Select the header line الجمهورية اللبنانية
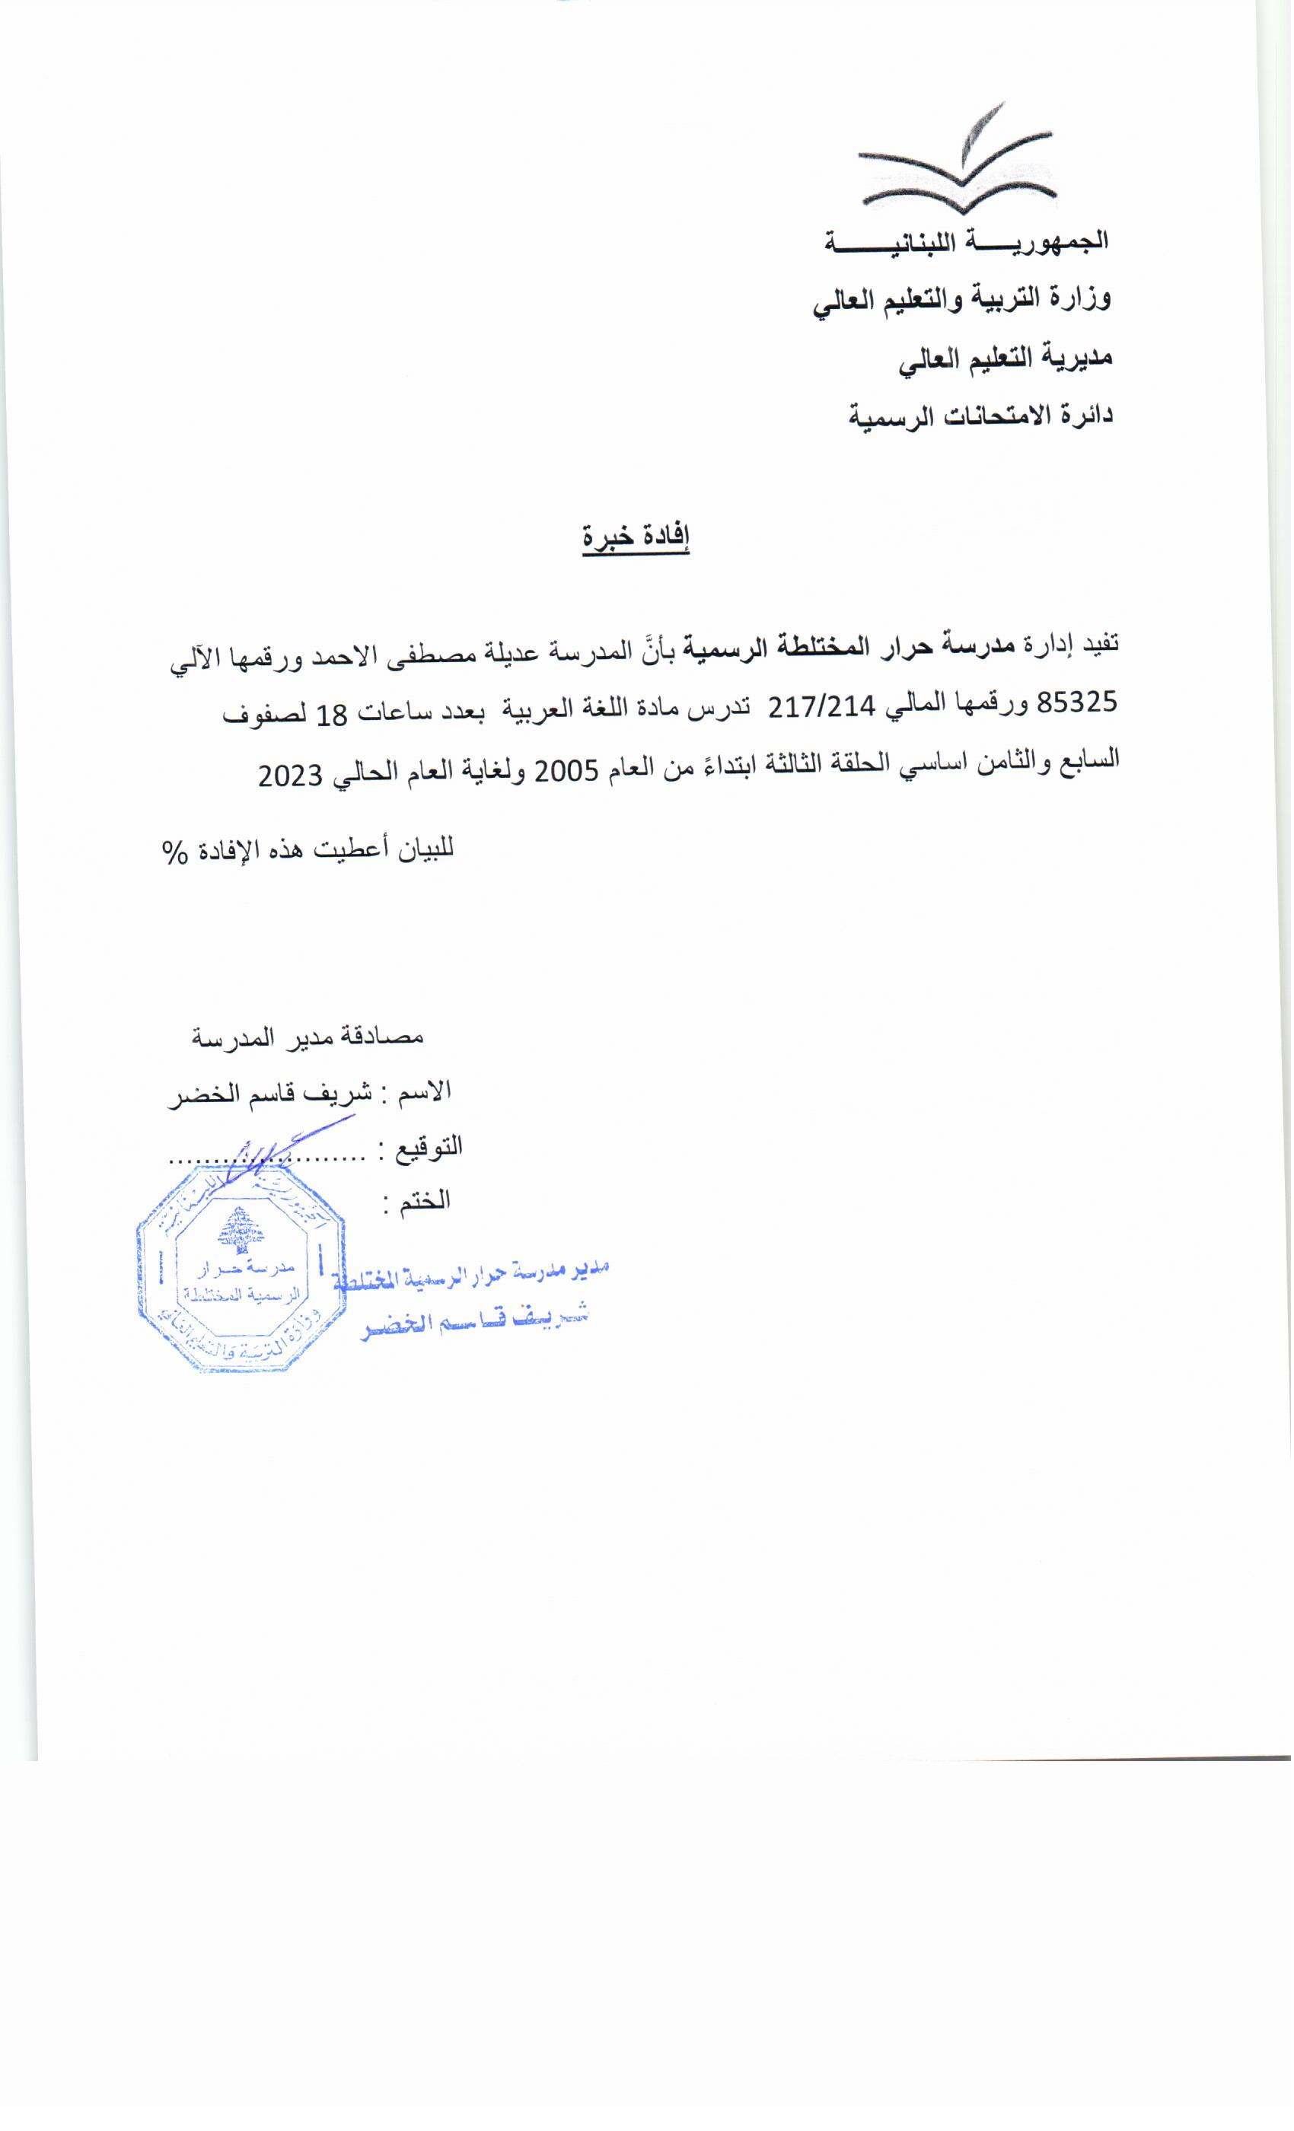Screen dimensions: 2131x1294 (966, 241)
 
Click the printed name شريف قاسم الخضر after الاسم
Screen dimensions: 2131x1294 (270, 1093)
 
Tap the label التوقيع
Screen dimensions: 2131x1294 (429, 1148)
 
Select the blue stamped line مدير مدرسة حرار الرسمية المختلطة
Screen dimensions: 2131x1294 (471, 1274)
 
